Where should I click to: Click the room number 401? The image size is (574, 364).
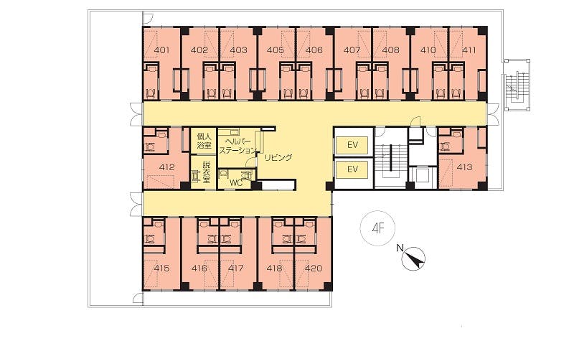[x=162, y=50]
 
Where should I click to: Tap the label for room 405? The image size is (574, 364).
[x=276, y=50]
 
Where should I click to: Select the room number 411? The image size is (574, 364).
[x=469, y=50]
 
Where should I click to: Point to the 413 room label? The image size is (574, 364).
[x=464, y=167]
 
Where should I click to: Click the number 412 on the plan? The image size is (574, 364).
[x=167, y=167]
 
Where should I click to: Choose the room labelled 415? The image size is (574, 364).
[x=162, y=268]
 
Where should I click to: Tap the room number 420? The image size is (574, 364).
[x=314, y=268]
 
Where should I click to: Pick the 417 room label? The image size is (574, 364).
[x=236, y=268]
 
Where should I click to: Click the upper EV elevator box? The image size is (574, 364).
[x=352, y=144]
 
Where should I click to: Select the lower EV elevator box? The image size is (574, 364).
[x=352, y=169]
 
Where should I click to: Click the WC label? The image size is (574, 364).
[x=236, y=183]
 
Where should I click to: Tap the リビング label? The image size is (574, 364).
[x=278, y=157]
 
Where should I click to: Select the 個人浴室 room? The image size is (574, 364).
[x=204, y=141]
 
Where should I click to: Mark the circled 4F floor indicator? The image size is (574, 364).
[x=378, y=228]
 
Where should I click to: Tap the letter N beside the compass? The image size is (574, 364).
[x=400, y=248]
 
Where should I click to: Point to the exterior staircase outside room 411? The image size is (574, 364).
[x=517, y=85]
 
